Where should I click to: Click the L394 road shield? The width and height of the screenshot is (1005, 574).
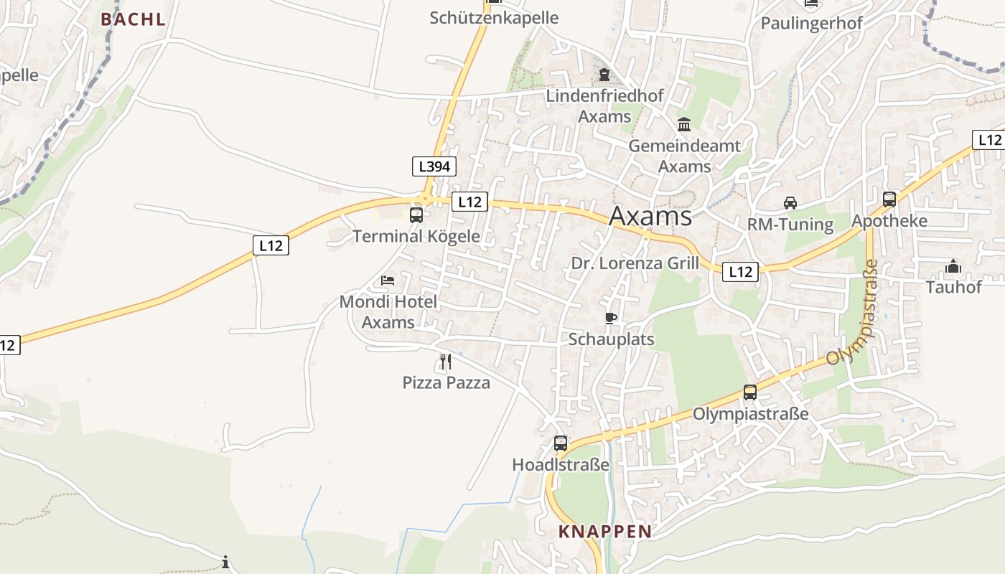click(434, 166)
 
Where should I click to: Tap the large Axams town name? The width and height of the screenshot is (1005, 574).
click(650, 216)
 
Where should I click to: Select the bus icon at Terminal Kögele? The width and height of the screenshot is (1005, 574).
click(416, 215)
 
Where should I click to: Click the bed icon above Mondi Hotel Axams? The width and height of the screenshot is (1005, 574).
click(388, 280)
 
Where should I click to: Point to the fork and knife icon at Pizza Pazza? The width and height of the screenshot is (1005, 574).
click(446, 361)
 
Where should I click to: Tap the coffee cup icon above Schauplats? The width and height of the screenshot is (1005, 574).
click(611, 317)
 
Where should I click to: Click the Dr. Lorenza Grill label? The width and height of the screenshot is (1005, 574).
click(635, 263)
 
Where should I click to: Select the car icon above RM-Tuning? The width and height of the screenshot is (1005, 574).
click(790, 202)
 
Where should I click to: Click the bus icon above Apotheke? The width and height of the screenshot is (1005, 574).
click(889, 199)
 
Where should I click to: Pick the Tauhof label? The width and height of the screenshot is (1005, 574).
click(953, 287)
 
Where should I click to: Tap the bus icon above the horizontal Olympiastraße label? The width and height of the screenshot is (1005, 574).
click(750, 392)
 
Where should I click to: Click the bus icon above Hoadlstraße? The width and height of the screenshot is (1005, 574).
click(561, 443)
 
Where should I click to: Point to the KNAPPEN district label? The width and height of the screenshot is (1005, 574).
click(605, 532)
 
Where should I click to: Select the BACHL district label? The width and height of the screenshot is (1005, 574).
click(133, 19)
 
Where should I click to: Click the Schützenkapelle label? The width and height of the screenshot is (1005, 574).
click(494, 18)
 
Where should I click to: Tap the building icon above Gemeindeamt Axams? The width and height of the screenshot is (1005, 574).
click(684, 125)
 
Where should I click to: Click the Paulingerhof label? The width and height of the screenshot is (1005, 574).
click(811, 22)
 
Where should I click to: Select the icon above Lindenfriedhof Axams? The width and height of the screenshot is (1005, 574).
click(604, 74)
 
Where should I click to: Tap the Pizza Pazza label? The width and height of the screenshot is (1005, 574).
click(446, 382)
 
